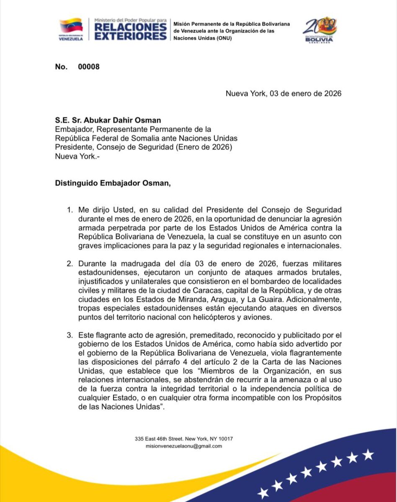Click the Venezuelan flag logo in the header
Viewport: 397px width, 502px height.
pos(71,26)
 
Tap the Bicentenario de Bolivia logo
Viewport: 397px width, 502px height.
pos(320,29)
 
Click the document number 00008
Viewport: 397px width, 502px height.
pos(89,67)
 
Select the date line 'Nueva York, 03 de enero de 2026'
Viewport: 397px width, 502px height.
pos(284,93)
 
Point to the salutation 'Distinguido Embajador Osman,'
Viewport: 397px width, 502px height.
pos(113,183)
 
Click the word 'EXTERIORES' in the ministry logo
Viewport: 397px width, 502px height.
pos(130,36)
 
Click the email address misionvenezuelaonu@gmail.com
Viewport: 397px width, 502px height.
pos(184,446)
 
